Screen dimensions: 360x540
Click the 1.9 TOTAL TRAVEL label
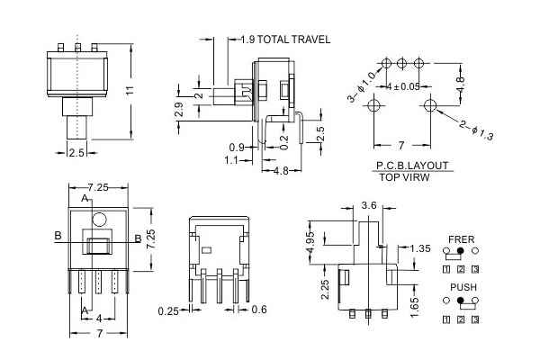285,40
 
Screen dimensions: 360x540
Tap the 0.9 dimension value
237,147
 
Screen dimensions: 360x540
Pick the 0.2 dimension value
284,142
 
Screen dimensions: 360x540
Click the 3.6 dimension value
369,205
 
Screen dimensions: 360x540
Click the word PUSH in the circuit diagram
463,286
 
